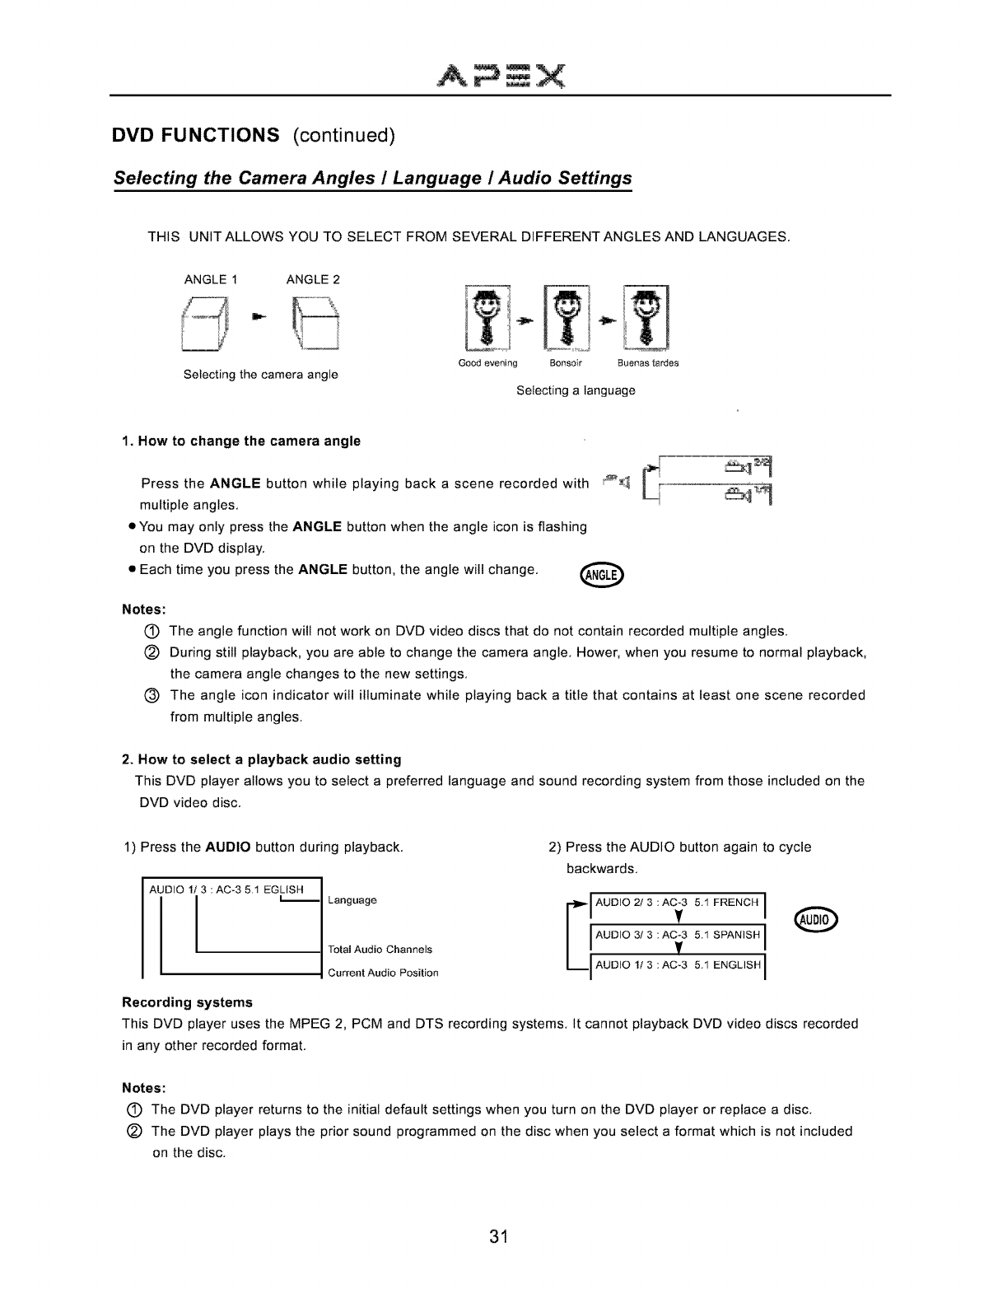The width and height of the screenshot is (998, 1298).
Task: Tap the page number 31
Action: (497, 1236)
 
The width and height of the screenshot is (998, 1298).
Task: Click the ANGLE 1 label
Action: (211, 279)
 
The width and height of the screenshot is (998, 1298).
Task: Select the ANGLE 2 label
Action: (313, 279)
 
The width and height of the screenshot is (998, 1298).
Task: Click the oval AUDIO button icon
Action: (815, 919)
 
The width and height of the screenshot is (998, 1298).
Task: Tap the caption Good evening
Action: (487, 363)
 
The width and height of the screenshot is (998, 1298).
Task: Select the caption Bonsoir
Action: (566, 363)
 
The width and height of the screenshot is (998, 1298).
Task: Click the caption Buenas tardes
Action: (648, 363)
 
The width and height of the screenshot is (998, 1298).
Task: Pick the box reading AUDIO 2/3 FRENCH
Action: (677, 903)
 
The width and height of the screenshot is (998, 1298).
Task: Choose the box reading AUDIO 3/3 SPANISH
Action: (677, 935)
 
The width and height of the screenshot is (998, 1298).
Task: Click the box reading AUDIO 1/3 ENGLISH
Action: (677, 965)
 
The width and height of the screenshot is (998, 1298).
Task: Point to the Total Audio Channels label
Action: (380, 950)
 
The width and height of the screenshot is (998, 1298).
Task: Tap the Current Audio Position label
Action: (383, 973)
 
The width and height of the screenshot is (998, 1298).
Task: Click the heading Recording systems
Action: (187, 1002)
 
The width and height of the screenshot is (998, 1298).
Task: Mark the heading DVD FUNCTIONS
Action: (197, 135)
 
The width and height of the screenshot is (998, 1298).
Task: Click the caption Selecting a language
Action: (576, 390)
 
